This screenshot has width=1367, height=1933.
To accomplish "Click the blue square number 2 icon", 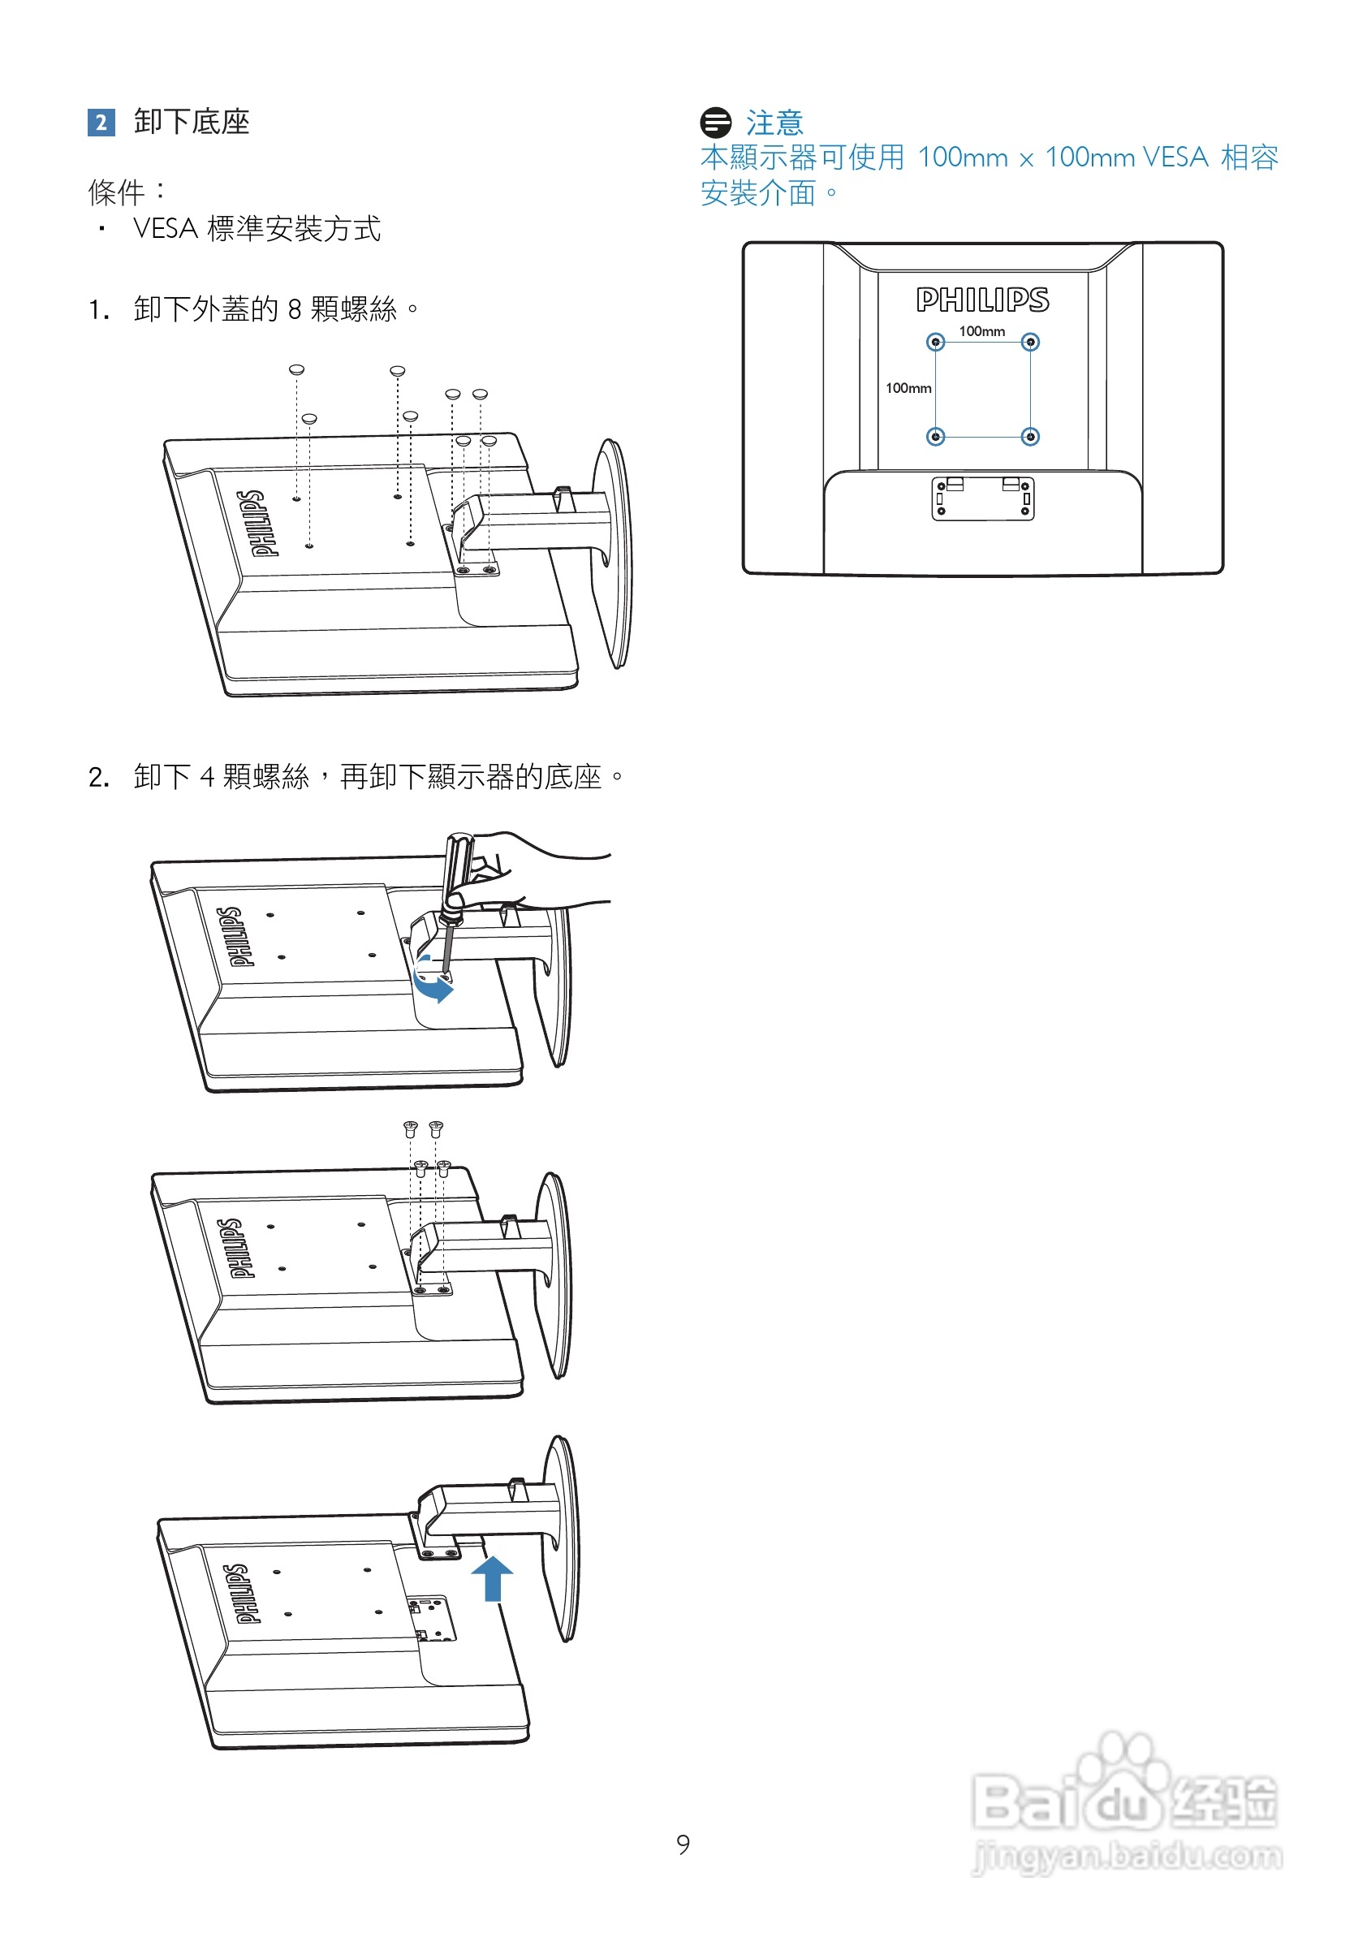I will [101, 123].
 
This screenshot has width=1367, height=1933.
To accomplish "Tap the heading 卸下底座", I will [192, 122].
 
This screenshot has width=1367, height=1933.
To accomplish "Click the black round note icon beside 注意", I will [715, 123].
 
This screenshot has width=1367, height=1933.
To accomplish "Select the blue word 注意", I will [774, 123].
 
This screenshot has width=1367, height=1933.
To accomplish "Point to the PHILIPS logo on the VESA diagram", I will [982, 300].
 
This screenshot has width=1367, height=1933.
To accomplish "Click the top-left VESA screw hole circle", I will [935, 342].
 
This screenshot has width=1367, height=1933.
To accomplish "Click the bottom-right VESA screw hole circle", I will [1030, 436].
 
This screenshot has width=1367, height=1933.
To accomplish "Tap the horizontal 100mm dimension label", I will [981, 331].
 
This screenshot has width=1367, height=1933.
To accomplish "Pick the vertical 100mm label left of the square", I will [908, 388].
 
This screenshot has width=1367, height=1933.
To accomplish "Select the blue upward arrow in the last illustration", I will [493, 1577].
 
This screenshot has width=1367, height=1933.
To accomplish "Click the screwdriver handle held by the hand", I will [458, 867].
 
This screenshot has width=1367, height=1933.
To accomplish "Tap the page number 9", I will [683, 1845].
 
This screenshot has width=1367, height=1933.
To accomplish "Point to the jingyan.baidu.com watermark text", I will [1128, 1856].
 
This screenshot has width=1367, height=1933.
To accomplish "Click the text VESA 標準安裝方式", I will [257, 228].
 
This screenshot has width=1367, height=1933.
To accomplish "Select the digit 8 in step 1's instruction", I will [295, 310].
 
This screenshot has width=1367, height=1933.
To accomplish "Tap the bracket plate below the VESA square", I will [982, 498].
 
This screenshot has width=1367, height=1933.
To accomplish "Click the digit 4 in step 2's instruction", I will [207, 777].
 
